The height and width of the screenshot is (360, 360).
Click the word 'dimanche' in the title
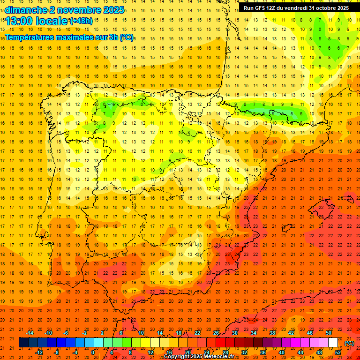(25, 10)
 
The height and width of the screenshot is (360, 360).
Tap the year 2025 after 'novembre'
(112, 10)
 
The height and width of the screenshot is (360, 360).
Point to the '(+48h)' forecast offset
(81, 21)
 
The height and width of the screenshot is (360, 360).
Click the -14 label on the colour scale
(30, 333)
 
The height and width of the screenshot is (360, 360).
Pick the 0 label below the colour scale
(93, 352)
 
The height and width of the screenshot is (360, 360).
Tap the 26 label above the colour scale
(216, 333)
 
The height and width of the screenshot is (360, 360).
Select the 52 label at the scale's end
(338, 352)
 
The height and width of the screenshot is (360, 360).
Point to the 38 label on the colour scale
(272, 333)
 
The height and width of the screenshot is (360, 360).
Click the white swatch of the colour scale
(333, 343)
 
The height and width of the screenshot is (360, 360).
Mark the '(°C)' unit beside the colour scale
(349, 343)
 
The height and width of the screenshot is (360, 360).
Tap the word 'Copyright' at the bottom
(177, 357)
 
